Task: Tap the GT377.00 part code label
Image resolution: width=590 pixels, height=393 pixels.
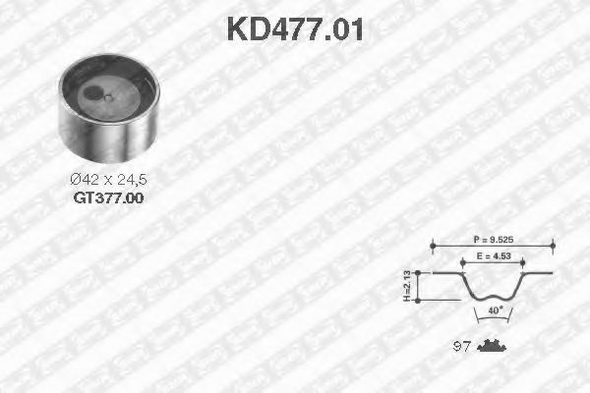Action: tap(109, 196)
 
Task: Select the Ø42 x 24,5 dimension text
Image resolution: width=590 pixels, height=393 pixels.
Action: tap(108, 179)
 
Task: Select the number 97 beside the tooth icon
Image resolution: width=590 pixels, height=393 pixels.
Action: tap(459, 345)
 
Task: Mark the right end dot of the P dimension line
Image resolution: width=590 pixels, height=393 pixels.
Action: tap(553, 246)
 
